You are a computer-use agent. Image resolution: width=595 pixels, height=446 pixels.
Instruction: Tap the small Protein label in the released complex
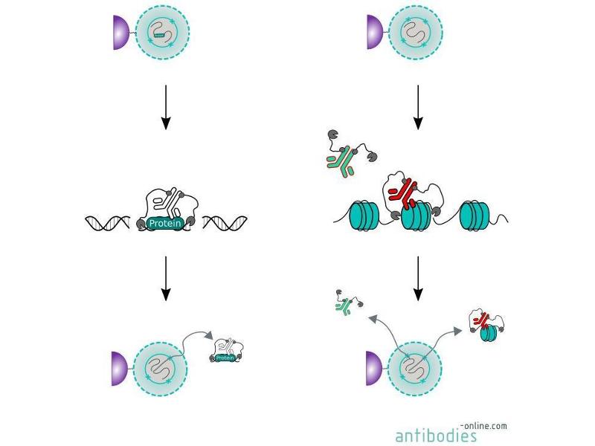(x=226, y=358)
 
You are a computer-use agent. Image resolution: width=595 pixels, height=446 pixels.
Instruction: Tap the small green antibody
(x=344, y=305)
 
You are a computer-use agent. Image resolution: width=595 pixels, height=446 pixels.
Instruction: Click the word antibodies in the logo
(x=436, y=435)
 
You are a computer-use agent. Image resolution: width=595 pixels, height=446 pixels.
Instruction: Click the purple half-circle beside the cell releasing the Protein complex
(x=120, y=369)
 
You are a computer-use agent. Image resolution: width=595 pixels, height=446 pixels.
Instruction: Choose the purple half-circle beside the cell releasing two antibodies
(x=373, y=369)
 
